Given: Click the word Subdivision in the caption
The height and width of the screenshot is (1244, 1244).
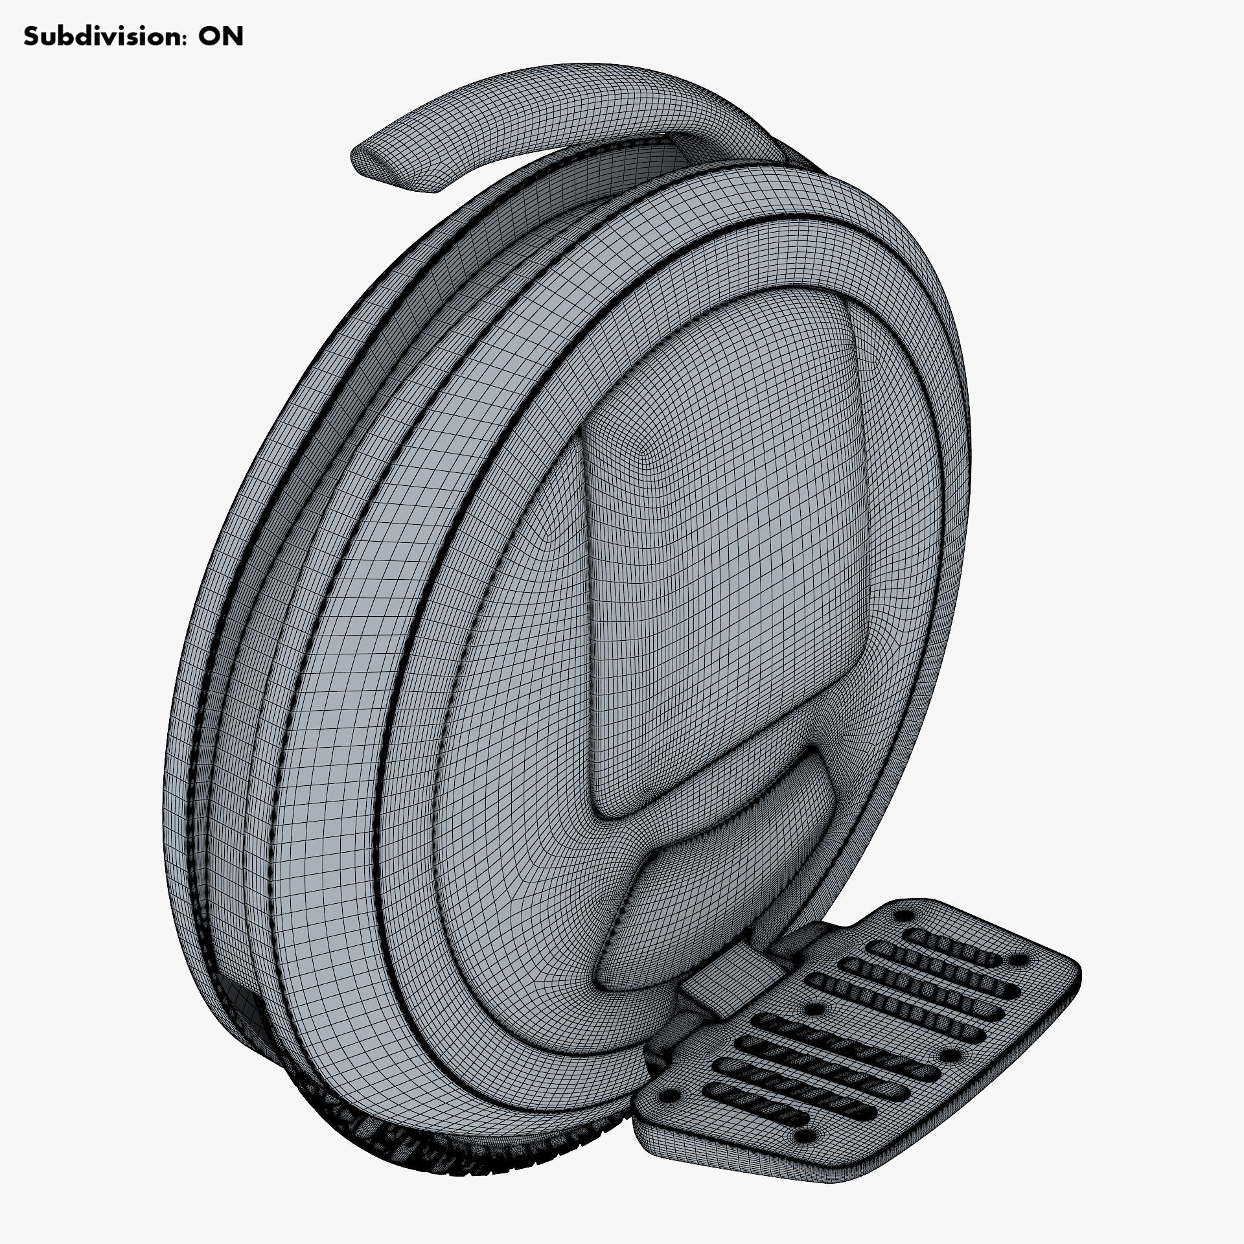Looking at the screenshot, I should (x=97, y=37).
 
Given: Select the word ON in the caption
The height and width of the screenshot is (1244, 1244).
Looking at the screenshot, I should (x=220, y=37).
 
